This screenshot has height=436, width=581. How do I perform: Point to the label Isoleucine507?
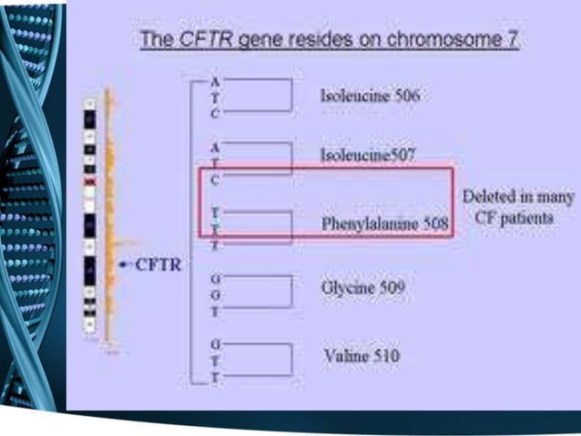[368, 155]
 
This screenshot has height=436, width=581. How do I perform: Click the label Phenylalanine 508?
[384, 223]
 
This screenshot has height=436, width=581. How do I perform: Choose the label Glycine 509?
[362, 288]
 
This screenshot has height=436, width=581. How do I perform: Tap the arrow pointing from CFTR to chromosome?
[126, 265]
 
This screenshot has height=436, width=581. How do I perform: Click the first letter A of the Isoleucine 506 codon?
[215, 81]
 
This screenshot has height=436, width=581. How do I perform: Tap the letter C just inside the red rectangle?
[215, 181]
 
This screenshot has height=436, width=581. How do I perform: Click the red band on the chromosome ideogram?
[89, 181]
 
